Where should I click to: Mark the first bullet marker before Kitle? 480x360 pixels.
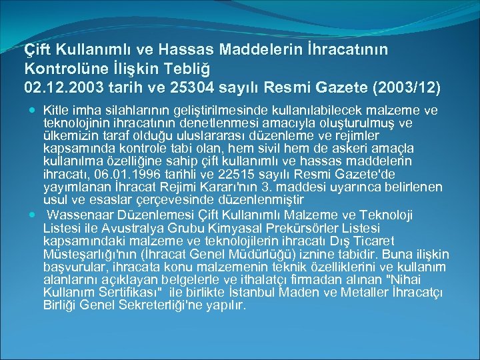(x=33, y=109)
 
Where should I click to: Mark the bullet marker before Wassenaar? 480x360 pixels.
(x=33, y=215)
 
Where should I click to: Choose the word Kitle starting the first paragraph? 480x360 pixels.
(x=55, y=109)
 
